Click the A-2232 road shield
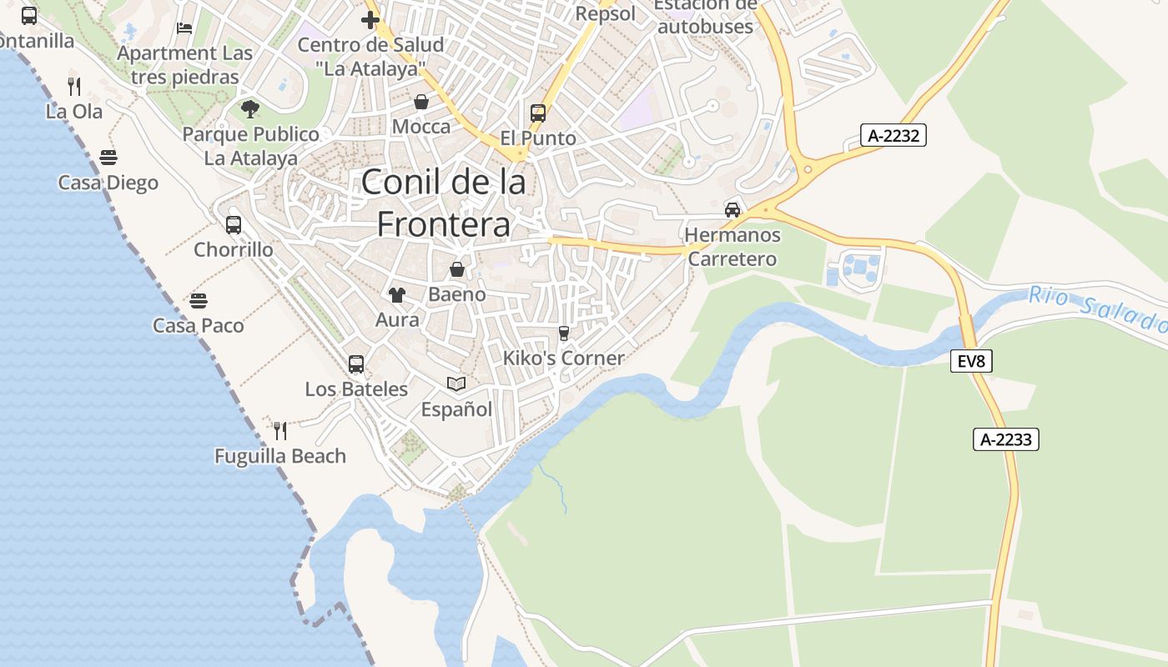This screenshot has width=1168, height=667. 894,135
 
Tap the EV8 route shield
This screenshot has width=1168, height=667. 971,361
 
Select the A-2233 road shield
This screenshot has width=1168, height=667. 1005,439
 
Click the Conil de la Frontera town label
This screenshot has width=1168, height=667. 444,203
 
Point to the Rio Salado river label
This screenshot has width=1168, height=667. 1096,308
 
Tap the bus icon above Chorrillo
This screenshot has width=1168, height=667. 234,224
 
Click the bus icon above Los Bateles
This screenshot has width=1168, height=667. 356,364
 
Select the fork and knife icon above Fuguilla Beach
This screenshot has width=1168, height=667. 280,430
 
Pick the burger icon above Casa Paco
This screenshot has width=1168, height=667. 199,300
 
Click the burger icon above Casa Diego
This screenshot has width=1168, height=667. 108,157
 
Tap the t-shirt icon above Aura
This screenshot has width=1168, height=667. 397,294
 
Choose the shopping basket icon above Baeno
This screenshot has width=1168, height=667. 457,269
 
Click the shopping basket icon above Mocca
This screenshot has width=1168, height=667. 421,102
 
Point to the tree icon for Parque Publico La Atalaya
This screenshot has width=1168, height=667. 249,108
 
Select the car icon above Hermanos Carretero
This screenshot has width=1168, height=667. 733,209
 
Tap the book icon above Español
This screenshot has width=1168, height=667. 456,384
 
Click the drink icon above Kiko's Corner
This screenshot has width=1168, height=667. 564,333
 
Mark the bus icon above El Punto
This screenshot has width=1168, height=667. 538,113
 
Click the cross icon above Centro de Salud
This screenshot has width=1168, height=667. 370,19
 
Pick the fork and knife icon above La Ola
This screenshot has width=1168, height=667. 74,85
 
